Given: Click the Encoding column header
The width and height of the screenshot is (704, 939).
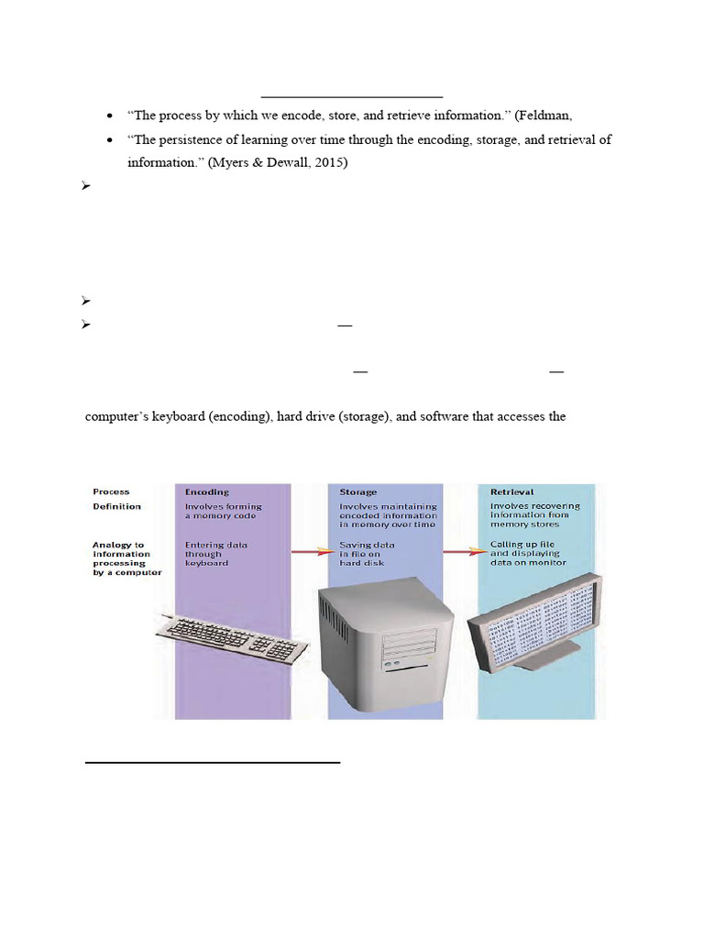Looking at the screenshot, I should coord(207,492).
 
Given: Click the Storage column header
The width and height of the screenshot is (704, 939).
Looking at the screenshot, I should coord(358,492).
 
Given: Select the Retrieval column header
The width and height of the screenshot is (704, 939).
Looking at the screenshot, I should coord(511,492).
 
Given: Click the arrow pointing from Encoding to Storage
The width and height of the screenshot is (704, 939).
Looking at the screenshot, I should coord(313,551).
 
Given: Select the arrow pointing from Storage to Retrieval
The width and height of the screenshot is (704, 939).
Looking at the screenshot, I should coord(463,551).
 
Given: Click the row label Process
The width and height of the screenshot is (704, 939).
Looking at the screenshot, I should coord(111,492).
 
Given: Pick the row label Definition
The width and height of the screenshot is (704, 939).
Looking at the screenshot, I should coord(116,506).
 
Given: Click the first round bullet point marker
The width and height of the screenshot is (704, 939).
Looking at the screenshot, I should coord(110,116).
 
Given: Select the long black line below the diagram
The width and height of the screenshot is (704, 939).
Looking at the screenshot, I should coord(213,761).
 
